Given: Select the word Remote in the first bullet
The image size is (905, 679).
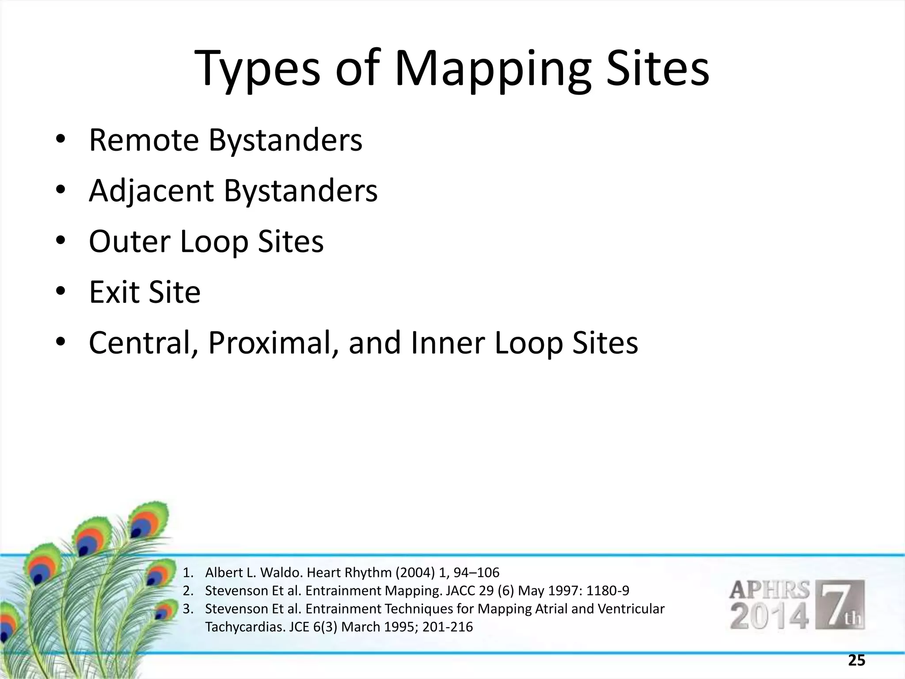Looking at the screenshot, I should (x=144, y=140).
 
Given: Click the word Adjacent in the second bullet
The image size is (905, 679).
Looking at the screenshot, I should (x=152, y=191).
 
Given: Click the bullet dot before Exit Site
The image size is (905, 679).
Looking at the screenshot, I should (x=61, y=292).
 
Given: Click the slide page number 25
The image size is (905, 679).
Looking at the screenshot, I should (x=856, y=660).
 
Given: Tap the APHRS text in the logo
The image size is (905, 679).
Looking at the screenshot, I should (x=769, y=591).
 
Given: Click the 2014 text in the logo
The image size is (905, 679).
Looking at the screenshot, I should (x=769, y=617).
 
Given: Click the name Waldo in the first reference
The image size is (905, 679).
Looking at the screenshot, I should (x=282, y=573).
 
